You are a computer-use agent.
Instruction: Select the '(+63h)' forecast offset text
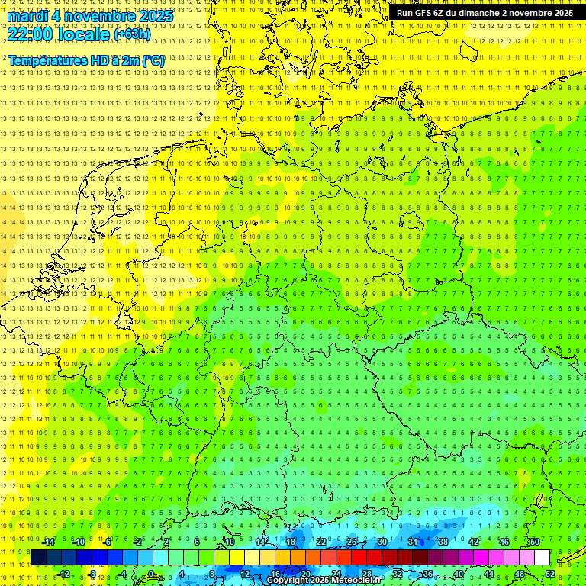point(132,34)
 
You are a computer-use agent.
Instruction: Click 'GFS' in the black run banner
point(426,13)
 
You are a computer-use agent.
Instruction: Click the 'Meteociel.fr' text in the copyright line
point(354,581)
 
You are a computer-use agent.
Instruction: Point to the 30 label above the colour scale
point(382,542)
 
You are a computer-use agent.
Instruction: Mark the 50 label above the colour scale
point(534,542)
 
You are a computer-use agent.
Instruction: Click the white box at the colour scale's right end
point(542,558)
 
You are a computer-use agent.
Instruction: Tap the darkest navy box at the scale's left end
point(38,558)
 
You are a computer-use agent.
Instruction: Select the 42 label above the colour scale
point(473,542)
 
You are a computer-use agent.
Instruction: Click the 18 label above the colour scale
point(290,542)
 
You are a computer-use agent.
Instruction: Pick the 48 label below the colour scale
point(520,574)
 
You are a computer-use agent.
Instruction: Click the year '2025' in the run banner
point(562,13)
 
